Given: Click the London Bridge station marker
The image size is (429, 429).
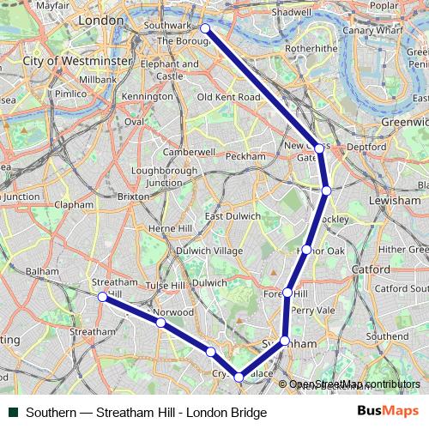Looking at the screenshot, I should coord(205,29).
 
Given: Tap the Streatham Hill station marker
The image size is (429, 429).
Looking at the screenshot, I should coord(102,297).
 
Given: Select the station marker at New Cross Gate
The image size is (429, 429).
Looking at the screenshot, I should coord(319,148).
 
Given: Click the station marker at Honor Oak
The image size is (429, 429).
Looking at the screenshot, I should coord(306,250).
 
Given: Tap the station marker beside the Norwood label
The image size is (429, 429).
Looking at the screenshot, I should coord(160,323).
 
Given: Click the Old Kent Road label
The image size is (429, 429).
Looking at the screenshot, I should coord(228,98).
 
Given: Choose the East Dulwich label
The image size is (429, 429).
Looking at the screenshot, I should coord(233,216).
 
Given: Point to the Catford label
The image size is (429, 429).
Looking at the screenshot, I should coord(370,269).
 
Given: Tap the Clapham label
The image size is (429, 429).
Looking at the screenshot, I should coord(73,205).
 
